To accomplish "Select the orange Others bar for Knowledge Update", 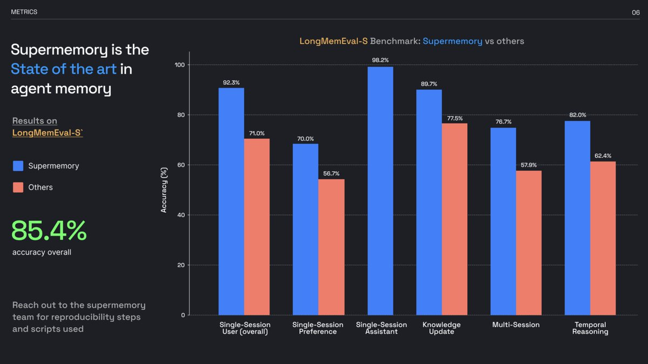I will point(454,219).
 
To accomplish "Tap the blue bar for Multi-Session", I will point(503,221).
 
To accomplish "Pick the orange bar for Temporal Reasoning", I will point(603,238).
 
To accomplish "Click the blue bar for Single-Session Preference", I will point(306,229).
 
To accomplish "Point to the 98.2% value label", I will point(380,60).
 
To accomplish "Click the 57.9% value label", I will point(528,164).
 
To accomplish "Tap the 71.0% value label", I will point(256,133).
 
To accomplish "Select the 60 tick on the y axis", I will point(180,165).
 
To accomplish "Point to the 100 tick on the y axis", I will point(179,65).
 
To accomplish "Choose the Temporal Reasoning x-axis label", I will point(590,328).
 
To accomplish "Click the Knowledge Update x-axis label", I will point(441,328).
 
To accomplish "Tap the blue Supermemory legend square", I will point(18,166).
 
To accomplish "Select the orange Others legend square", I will point(18,187).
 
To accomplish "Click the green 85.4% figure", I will point(49,231).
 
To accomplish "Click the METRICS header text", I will point(24,12).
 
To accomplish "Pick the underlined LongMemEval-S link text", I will point(47,132).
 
